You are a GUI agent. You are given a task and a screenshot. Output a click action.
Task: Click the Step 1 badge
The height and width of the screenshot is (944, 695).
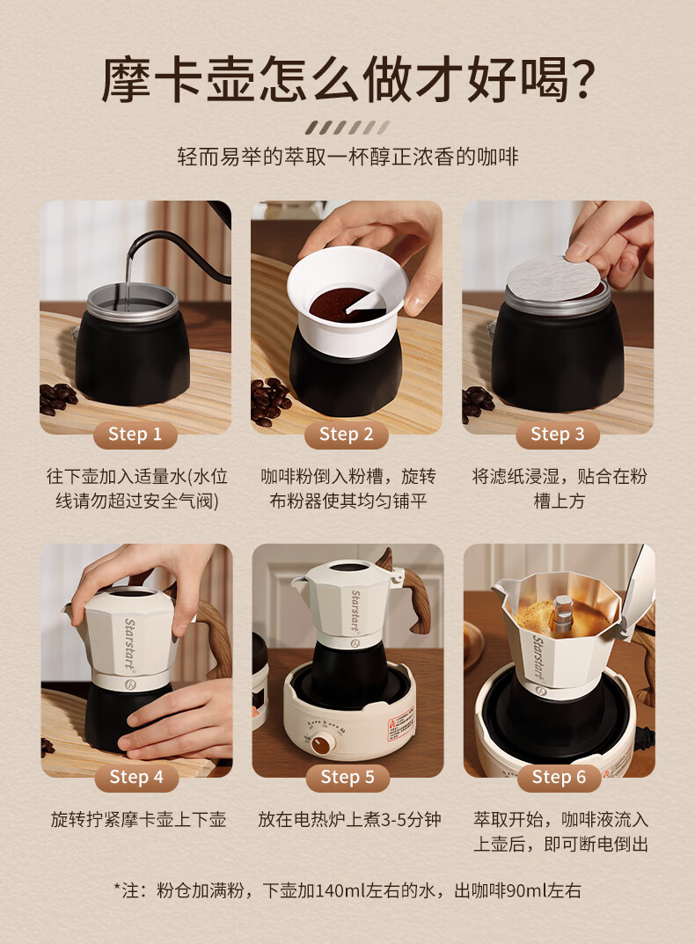(x=135, y=435)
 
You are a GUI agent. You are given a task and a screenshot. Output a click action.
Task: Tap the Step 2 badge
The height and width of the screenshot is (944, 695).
(x=347, y=435)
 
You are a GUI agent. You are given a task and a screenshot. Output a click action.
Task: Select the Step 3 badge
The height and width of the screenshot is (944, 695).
(x=558, y=435)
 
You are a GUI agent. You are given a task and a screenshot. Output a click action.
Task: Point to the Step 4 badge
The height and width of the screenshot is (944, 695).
(x=136, y=777)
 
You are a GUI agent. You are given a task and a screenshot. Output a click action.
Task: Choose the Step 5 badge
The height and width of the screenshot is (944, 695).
(x=347, y=777)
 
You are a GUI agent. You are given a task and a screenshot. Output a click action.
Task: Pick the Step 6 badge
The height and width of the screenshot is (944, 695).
(x=559, y=777)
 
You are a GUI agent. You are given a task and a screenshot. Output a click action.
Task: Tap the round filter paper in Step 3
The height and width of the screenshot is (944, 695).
(x=552, y=279)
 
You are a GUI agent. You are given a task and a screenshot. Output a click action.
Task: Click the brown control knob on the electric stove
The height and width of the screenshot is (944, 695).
(x=323, y=744)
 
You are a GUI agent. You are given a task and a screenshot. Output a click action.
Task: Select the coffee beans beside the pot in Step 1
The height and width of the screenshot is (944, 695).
(x=58, y=398)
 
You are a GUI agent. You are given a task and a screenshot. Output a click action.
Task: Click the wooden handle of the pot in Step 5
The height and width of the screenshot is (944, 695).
(x=415, y=601)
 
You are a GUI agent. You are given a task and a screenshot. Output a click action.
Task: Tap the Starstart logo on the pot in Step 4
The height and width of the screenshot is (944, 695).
(x=128, y=644)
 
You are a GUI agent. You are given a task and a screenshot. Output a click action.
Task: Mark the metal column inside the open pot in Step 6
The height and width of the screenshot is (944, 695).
(x=562, y=614)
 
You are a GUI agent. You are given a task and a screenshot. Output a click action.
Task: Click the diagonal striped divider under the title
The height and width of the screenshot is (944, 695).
(x=347, y=128)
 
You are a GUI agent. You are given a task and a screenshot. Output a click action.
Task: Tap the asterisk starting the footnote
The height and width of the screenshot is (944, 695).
(x=117, y=888)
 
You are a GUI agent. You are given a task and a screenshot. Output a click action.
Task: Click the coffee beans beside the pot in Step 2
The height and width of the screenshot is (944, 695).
(x=270, y=401)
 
